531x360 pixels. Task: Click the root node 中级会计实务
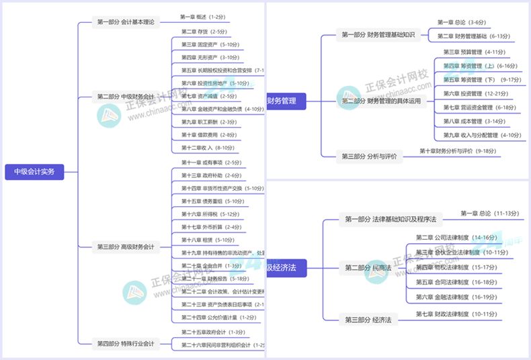pos(34,172)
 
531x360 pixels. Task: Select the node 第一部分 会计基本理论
pos(125,22)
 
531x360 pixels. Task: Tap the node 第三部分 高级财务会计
pos(125,247)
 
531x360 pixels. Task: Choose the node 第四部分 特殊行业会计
pos(125,344)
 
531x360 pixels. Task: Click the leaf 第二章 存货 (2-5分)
pos(204,32)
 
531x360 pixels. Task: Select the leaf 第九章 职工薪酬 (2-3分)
pos(208,122)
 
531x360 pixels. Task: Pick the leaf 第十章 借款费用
pos(208,135)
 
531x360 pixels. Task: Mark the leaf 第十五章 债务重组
pos(212,201)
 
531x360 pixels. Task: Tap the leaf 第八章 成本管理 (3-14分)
pos(473,122)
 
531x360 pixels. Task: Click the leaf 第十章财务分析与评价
pos(457,151)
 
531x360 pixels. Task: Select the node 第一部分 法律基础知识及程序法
pos(390,219)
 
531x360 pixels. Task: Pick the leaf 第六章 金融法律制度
pos(456,297)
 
